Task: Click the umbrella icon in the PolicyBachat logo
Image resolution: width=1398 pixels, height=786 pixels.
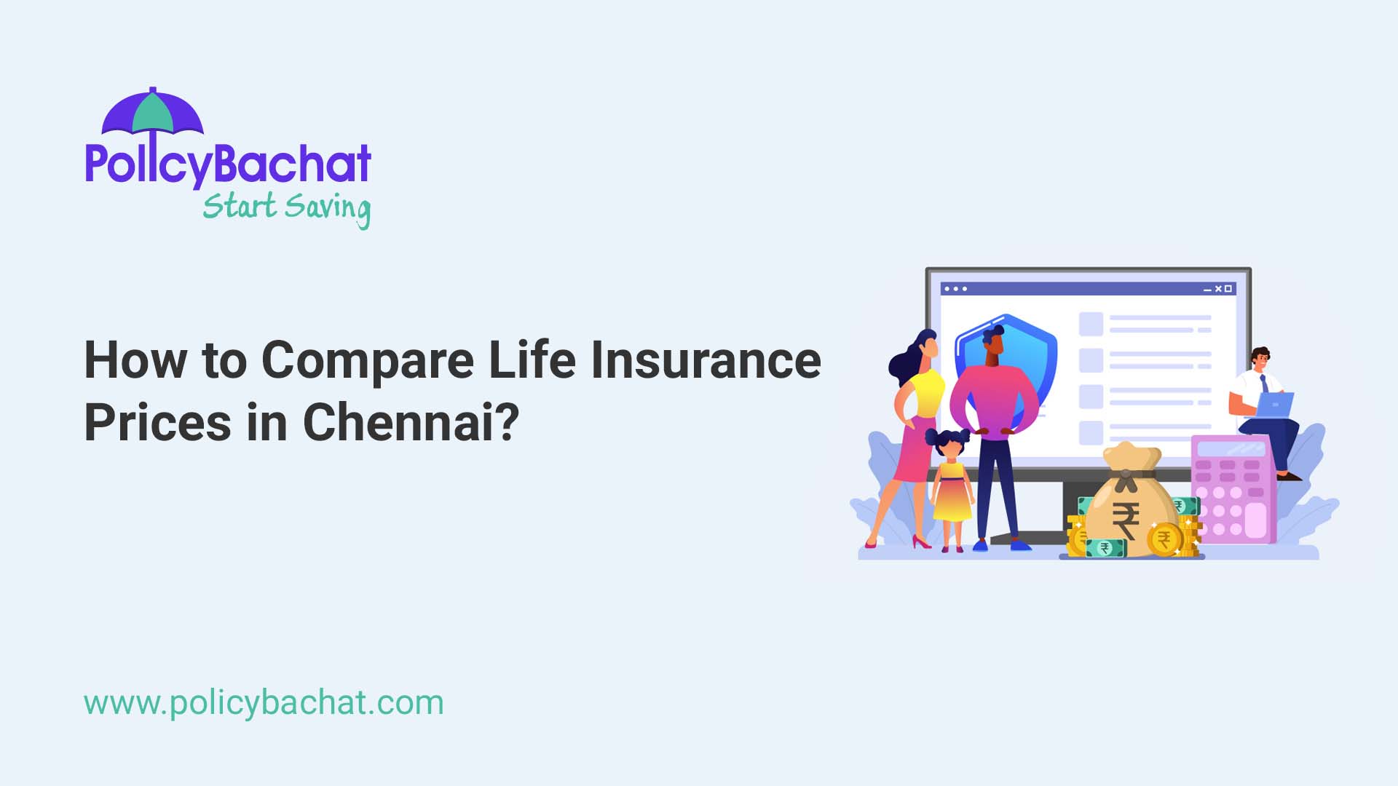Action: pyautogui.click(x=152, y=114)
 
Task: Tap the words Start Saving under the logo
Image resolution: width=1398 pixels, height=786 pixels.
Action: pyautogui.click(x=286, y=207)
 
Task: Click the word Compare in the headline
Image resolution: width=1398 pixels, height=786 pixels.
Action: pyautogui.click(x=367, y=360)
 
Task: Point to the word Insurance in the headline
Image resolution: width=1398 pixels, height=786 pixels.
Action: pyautogui.click(x=706, y=360)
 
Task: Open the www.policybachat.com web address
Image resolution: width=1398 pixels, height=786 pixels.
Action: pyautogui.click(x=264, y=703)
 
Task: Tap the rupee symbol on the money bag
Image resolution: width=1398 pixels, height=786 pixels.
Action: pyautogui.click(x=1126, y=520)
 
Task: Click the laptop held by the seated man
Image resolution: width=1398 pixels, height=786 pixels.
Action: pyautogui.click(x=1275, y=404)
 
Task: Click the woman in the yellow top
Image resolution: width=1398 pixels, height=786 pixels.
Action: pyautogui.click(x=916, y=422)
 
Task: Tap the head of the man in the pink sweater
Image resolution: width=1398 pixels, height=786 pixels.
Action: pyautogui.click(x=993, y=340)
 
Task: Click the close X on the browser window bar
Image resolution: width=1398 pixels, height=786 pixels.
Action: pyautogui.click(x=1218, y=289)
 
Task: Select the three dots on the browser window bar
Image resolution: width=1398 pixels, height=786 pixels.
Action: pyautogui.click(x=955, y=289)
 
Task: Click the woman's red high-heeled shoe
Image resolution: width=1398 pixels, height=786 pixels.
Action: pyautogui.click(x=921, y=542)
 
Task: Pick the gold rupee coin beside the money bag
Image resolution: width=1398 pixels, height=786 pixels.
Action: pyautogui.click(x=1164, y=540)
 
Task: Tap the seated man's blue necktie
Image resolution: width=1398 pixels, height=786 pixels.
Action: pyautogui.click(x=1264, y=384)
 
